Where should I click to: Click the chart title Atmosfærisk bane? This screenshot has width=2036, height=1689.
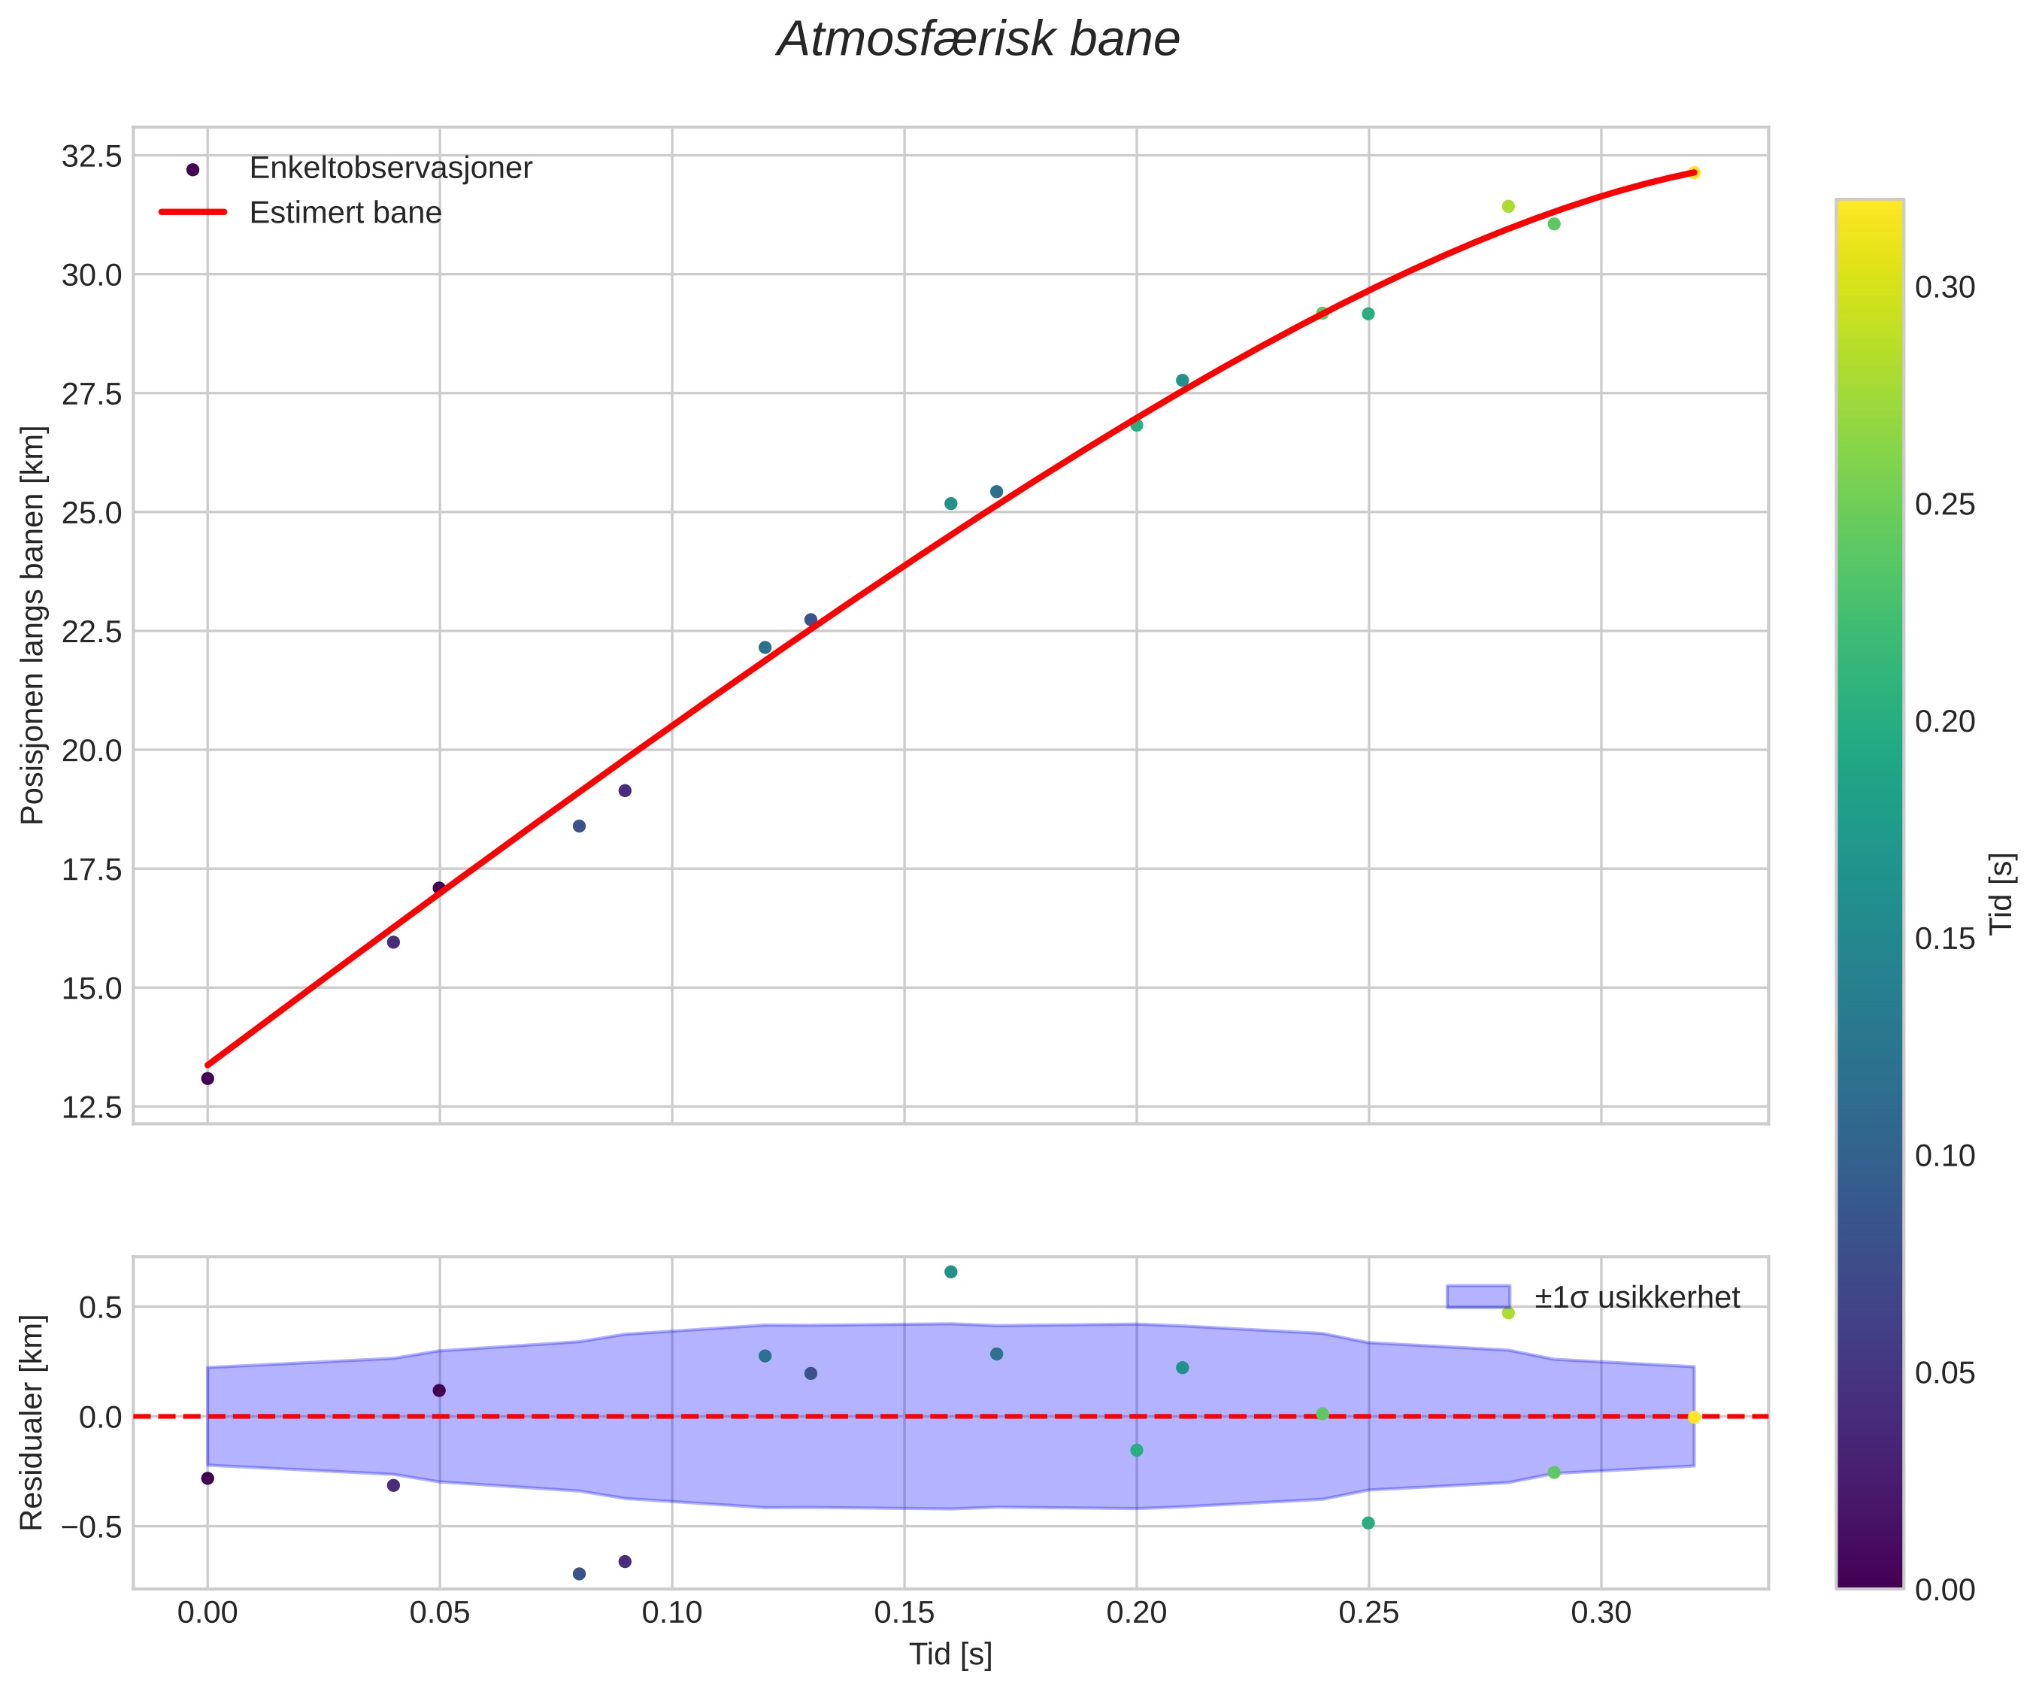coord(978,41)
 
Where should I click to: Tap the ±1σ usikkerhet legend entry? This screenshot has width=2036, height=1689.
coord(1637,1297)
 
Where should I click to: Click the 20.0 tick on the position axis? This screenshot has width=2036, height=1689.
coord(92,750)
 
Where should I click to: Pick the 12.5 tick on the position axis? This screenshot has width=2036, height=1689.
coord(92,1107)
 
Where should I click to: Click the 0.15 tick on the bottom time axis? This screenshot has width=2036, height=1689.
coord(904,1613)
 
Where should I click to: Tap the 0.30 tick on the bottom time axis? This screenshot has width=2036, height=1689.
coord(1601,1613)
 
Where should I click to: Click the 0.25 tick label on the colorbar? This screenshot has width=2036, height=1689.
coord(1945,505)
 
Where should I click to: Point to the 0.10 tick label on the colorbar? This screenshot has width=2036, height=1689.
coord(1945,1156)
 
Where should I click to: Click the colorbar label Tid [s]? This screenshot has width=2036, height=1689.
coord(2002,893)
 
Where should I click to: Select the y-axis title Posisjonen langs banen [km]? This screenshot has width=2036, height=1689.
coord(33,626)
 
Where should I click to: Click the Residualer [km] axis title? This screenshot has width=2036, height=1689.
coord(33,1424)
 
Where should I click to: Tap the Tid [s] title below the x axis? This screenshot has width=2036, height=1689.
coord(950,1655)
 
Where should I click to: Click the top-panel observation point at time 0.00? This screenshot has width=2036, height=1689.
coord(208,1078)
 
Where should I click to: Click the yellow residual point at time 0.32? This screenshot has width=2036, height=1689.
coord(1694,1418)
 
